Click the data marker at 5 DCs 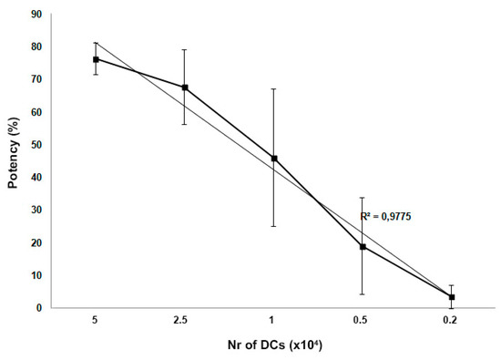click(97, 59)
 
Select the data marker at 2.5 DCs click(185, 87)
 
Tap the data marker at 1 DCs click(274, 159)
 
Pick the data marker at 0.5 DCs click(363, 247)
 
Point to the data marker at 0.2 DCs click(451, 297)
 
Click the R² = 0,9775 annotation click(393, 218)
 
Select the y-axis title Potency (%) click(14, 160)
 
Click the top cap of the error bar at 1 click(274, 89)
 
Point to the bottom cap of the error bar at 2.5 click(185, 124)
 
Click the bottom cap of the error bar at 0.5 click(363, 293)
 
